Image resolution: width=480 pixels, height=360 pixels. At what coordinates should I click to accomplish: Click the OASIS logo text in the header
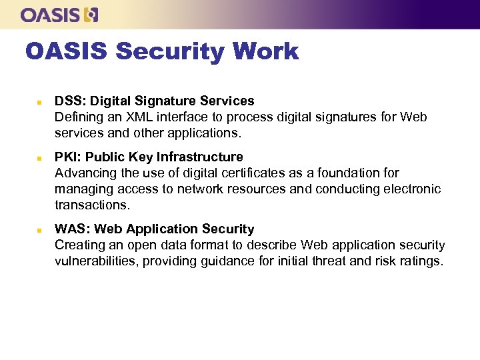click(x=51, y=15)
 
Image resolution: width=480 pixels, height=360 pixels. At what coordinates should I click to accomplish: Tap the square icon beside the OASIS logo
click(x=91, y=15)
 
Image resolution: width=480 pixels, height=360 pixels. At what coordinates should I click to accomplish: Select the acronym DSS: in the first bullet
click(x=70, y=101)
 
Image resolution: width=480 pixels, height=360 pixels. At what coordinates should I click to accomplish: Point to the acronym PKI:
click(x=68, y=157)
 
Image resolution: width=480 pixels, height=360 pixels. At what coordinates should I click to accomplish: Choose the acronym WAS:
click(x=71, y=229)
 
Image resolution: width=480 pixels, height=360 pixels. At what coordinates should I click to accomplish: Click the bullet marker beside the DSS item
click(x=39, y=102)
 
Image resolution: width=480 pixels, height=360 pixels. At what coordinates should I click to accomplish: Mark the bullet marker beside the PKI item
click(x=39, y=158)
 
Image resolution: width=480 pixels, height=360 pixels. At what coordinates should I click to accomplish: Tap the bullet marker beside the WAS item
click(x=39, y=230)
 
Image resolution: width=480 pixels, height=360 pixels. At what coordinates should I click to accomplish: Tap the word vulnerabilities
click(x=93, y=261)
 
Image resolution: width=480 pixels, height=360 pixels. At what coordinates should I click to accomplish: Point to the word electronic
click(x=411, y=189)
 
